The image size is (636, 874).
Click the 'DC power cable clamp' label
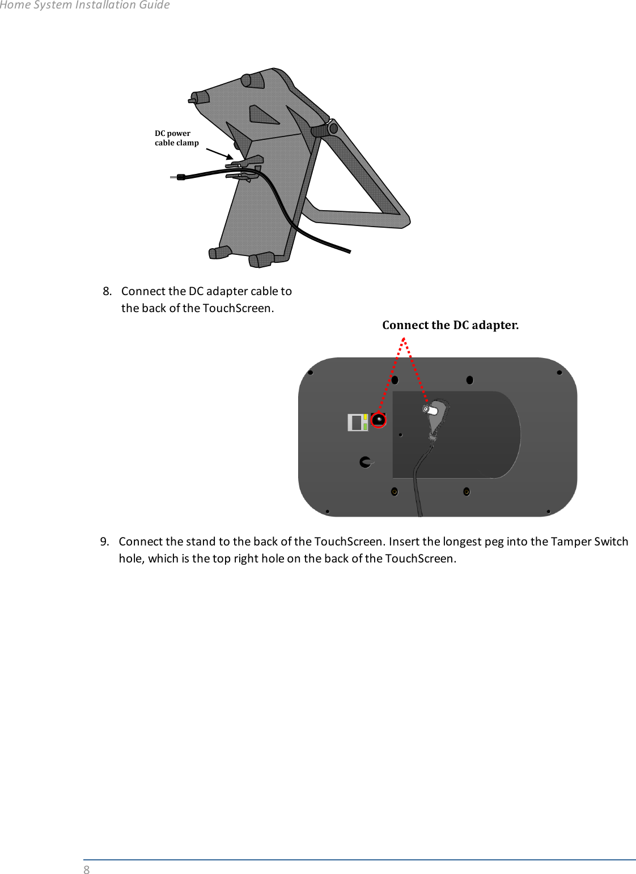click(176, 138)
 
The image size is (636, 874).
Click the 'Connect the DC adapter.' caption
click(450, 325)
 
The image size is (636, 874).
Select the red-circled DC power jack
click(378, 420)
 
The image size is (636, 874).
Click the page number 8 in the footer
click(87, 870)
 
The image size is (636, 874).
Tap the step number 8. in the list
click(107, 291)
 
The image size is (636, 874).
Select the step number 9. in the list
click(105, 542)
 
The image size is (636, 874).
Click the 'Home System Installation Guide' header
click(85, 5)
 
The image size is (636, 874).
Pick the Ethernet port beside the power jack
click(358, 423)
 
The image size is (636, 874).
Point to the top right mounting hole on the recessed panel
click(469, 380)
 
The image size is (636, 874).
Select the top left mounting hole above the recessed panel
click(395, 380)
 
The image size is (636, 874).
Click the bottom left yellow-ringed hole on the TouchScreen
click(395, 492)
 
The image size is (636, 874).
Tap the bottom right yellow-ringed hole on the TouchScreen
click(467, 492)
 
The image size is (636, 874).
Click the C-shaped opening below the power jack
click(366, 462)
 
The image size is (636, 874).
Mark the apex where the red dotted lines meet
click(403, 339)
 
